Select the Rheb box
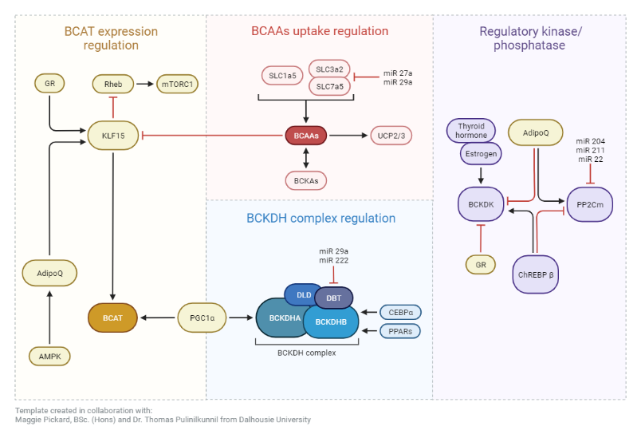pyautogui.click(x=113, y=83)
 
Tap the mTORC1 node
pyautogui.click(x=178, y=83)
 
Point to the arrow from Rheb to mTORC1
pyautogui.click(x=145, y=83)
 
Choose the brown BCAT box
pyautogui.click(x=112, y=318)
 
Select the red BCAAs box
pyautogui.click(x=307, y=136)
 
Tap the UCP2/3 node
pyautogui.click(x=391, y=136)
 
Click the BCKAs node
pyautogui.click(x=307, y=182)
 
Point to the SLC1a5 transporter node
pyautogui.click(x=281, y=77)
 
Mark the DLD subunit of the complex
pyautogui.click(x=303, y=294)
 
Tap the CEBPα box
pyautogui.click(x=400, y=312)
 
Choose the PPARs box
pyautogui.click(x=400, y=330)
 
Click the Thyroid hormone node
pyautogui.click(x=472, y=130)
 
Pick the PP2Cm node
pyautogui.click(x=590, y=205)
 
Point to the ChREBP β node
pyautogui.click(x=535, y=275)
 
